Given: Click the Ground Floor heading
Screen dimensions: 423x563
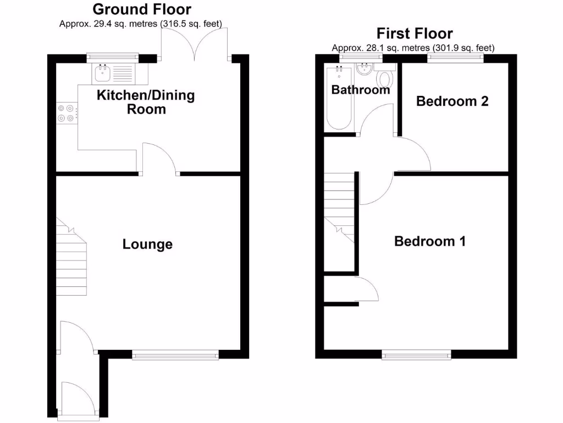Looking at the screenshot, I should click(141, 9).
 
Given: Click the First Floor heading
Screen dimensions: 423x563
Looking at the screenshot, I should click(414, 34).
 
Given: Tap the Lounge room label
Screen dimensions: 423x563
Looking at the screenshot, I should click(147, 244).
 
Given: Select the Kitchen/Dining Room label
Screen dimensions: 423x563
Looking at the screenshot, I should click(146, 102).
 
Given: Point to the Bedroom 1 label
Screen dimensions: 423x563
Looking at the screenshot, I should click(430, 241).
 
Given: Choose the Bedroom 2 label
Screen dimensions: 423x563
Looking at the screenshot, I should click(452, 101).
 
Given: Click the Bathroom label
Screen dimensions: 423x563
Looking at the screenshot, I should click(360, 90).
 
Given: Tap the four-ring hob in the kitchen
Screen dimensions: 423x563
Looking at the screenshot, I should click(67, 113).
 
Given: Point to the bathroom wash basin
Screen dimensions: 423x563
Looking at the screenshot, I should click(364, 69).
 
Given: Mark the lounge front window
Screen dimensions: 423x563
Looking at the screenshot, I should click(175, 355).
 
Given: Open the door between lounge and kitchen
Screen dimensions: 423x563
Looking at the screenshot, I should click(159, 160).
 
